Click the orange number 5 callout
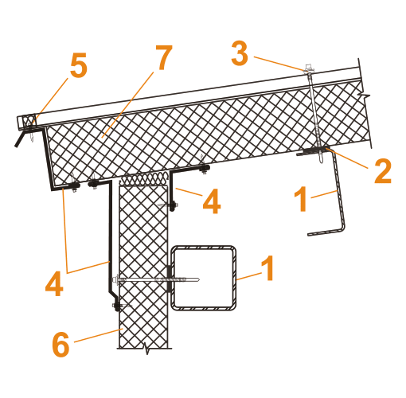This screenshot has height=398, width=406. [79, 65]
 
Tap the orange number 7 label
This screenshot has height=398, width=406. [164, 57]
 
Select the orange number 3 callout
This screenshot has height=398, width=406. [240, 53]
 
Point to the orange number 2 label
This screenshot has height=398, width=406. [383, 171]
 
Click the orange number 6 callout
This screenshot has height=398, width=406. [61, 344]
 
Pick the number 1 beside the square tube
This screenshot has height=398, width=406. [267, 268]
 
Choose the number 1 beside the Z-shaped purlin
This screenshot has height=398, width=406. [300, 199]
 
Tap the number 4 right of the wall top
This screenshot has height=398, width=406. [212, 201]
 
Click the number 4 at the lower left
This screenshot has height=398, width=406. [54, 283]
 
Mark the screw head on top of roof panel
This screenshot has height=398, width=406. [308, 68]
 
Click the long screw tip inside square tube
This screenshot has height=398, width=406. [197, 279]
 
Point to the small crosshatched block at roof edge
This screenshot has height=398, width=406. [29, 120]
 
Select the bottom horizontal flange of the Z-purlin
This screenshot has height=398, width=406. [326, 232]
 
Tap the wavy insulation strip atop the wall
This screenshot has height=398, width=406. [144, 179]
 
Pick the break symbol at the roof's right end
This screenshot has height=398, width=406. [364, 95]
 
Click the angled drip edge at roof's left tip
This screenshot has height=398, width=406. [19, 139]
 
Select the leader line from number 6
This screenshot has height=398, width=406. [98, 336]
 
